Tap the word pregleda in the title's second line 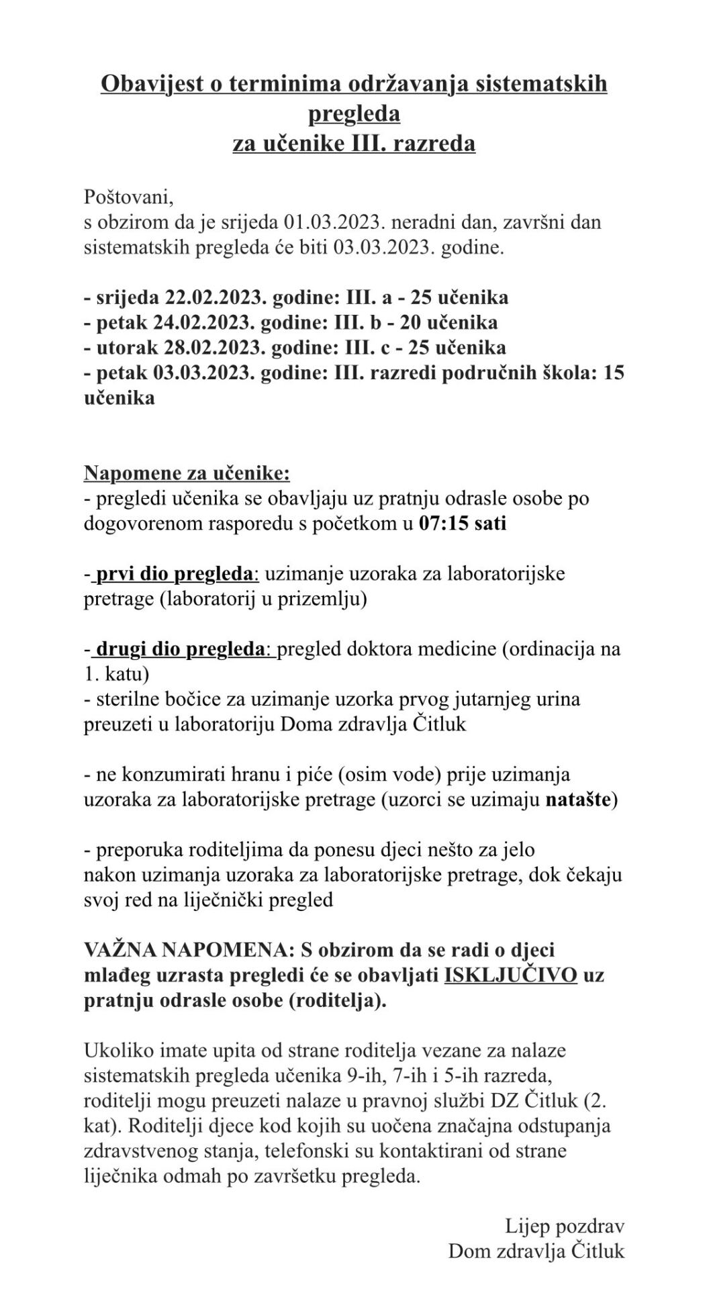click(x=354, y=113)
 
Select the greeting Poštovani click(x=129, y=197)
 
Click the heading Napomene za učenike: click(x=187, y=473)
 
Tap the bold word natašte click(x=578, y=800)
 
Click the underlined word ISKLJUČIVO click(x=510, y=975)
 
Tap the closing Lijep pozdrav click(x=565, y=1227)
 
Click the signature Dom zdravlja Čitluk click(x=536, y=1251)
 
